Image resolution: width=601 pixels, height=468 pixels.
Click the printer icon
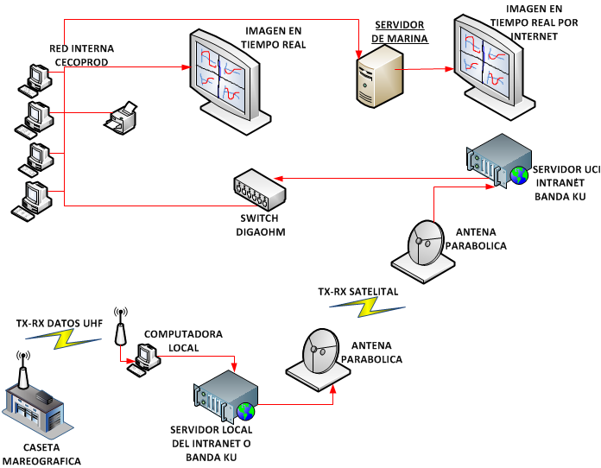tap(121, 118)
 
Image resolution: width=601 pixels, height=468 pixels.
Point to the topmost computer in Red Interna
tap(35, 78)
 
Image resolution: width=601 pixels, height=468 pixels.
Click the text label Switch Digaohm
tap(259, 226)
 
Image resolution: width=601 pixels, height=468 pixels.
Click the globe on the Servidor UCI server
tap(518, 175)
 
